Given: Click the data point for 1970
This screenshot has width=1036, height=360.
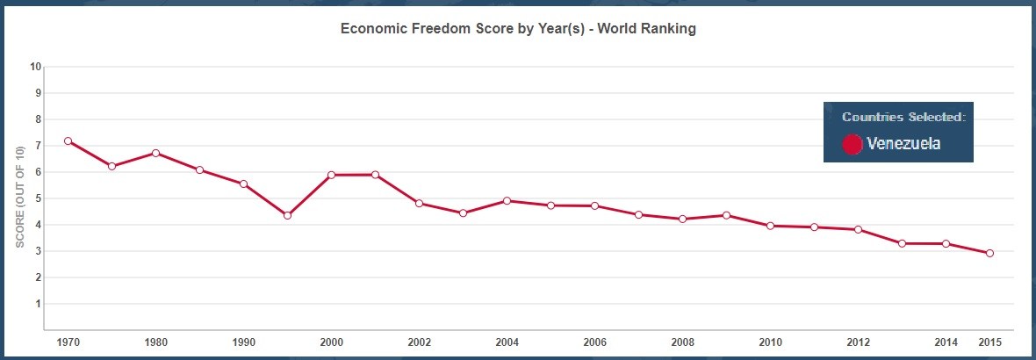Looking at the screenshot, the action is click(68, 141).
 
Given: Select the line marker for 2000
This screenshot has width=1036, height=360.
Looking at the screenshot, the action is click(332, 175).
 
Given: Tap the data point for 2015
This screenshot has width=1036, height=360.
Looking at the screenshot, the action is click(989, 253).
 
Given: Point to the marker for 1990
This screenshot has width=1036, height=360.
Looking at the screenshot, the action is click(244, 184).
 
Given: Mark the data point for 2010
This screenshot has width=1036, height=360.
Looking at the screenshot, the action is click(770, 226).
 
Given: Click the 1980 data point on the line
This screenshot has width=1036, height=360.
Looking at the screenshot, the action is click(156, 154).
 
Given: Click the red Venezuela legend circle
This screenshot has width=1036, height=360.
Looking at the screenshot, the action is click(853, 144).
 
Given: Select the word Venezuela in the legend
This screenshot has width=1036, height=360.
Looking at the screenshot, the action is click(903, 143).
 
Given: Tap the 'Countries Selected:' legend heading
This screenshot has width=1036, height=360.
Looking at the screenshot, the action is click(903, 117).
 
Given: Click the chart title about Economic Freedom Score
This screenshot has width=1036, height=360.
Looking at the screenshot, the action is click(518, 29).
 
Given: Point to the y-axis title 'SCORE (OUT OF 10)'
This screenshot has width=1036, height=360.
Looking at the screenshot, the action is click(20, 197).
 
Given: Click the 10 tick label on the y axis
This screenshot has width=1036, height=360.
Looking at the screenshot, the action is click(36, 66).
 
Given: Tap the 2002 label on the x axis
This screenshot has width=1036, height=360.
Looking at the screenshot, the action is click(420, 342).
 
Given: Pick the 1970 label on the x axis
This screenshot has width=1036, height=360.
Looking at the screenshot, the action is click(68, 342).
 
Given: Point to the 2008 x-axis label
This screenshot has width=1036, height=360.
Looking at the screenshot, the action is click(682, 342).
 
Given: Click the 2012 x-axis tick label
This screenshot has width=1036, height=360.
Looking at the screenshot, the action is click(859, 342).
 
